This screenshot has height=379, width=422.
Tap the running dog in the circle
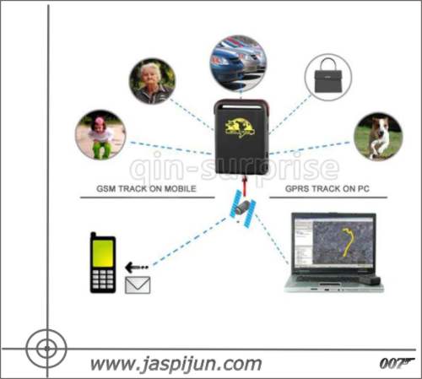tap(378, 137)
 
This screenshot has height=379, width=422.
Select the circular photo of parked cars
tap(238, 63)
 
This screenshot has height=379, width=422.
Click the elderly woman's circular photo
tap(152, 81)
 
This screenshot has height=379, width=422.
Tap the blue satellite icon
tap(242, 208)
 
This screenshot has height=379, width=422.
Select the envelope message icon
tap(138, 285)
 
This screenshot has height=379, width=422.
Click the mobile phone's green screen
tap(103, 253)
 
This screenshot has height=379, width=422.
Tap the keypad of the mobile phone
tap(103, 279)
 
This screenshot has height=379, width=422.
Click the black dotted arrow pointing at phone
tap(136, 268)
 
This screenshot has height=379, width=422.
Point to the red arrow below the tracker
tap(246, 185)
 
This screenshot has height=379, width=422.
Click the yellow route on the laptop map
tap(348, 242)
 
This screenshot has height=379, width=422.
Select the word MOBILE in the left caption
tap(180, 188)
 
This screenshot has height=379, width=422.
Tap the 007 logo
tap(396, 364)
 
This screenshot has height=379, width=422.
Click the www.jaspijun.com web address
tap(176, 365)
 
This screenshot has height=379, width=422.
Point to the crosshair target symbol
tap(46, 349)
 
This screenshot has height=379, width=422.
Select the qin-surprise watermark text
tap(234, 168)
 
